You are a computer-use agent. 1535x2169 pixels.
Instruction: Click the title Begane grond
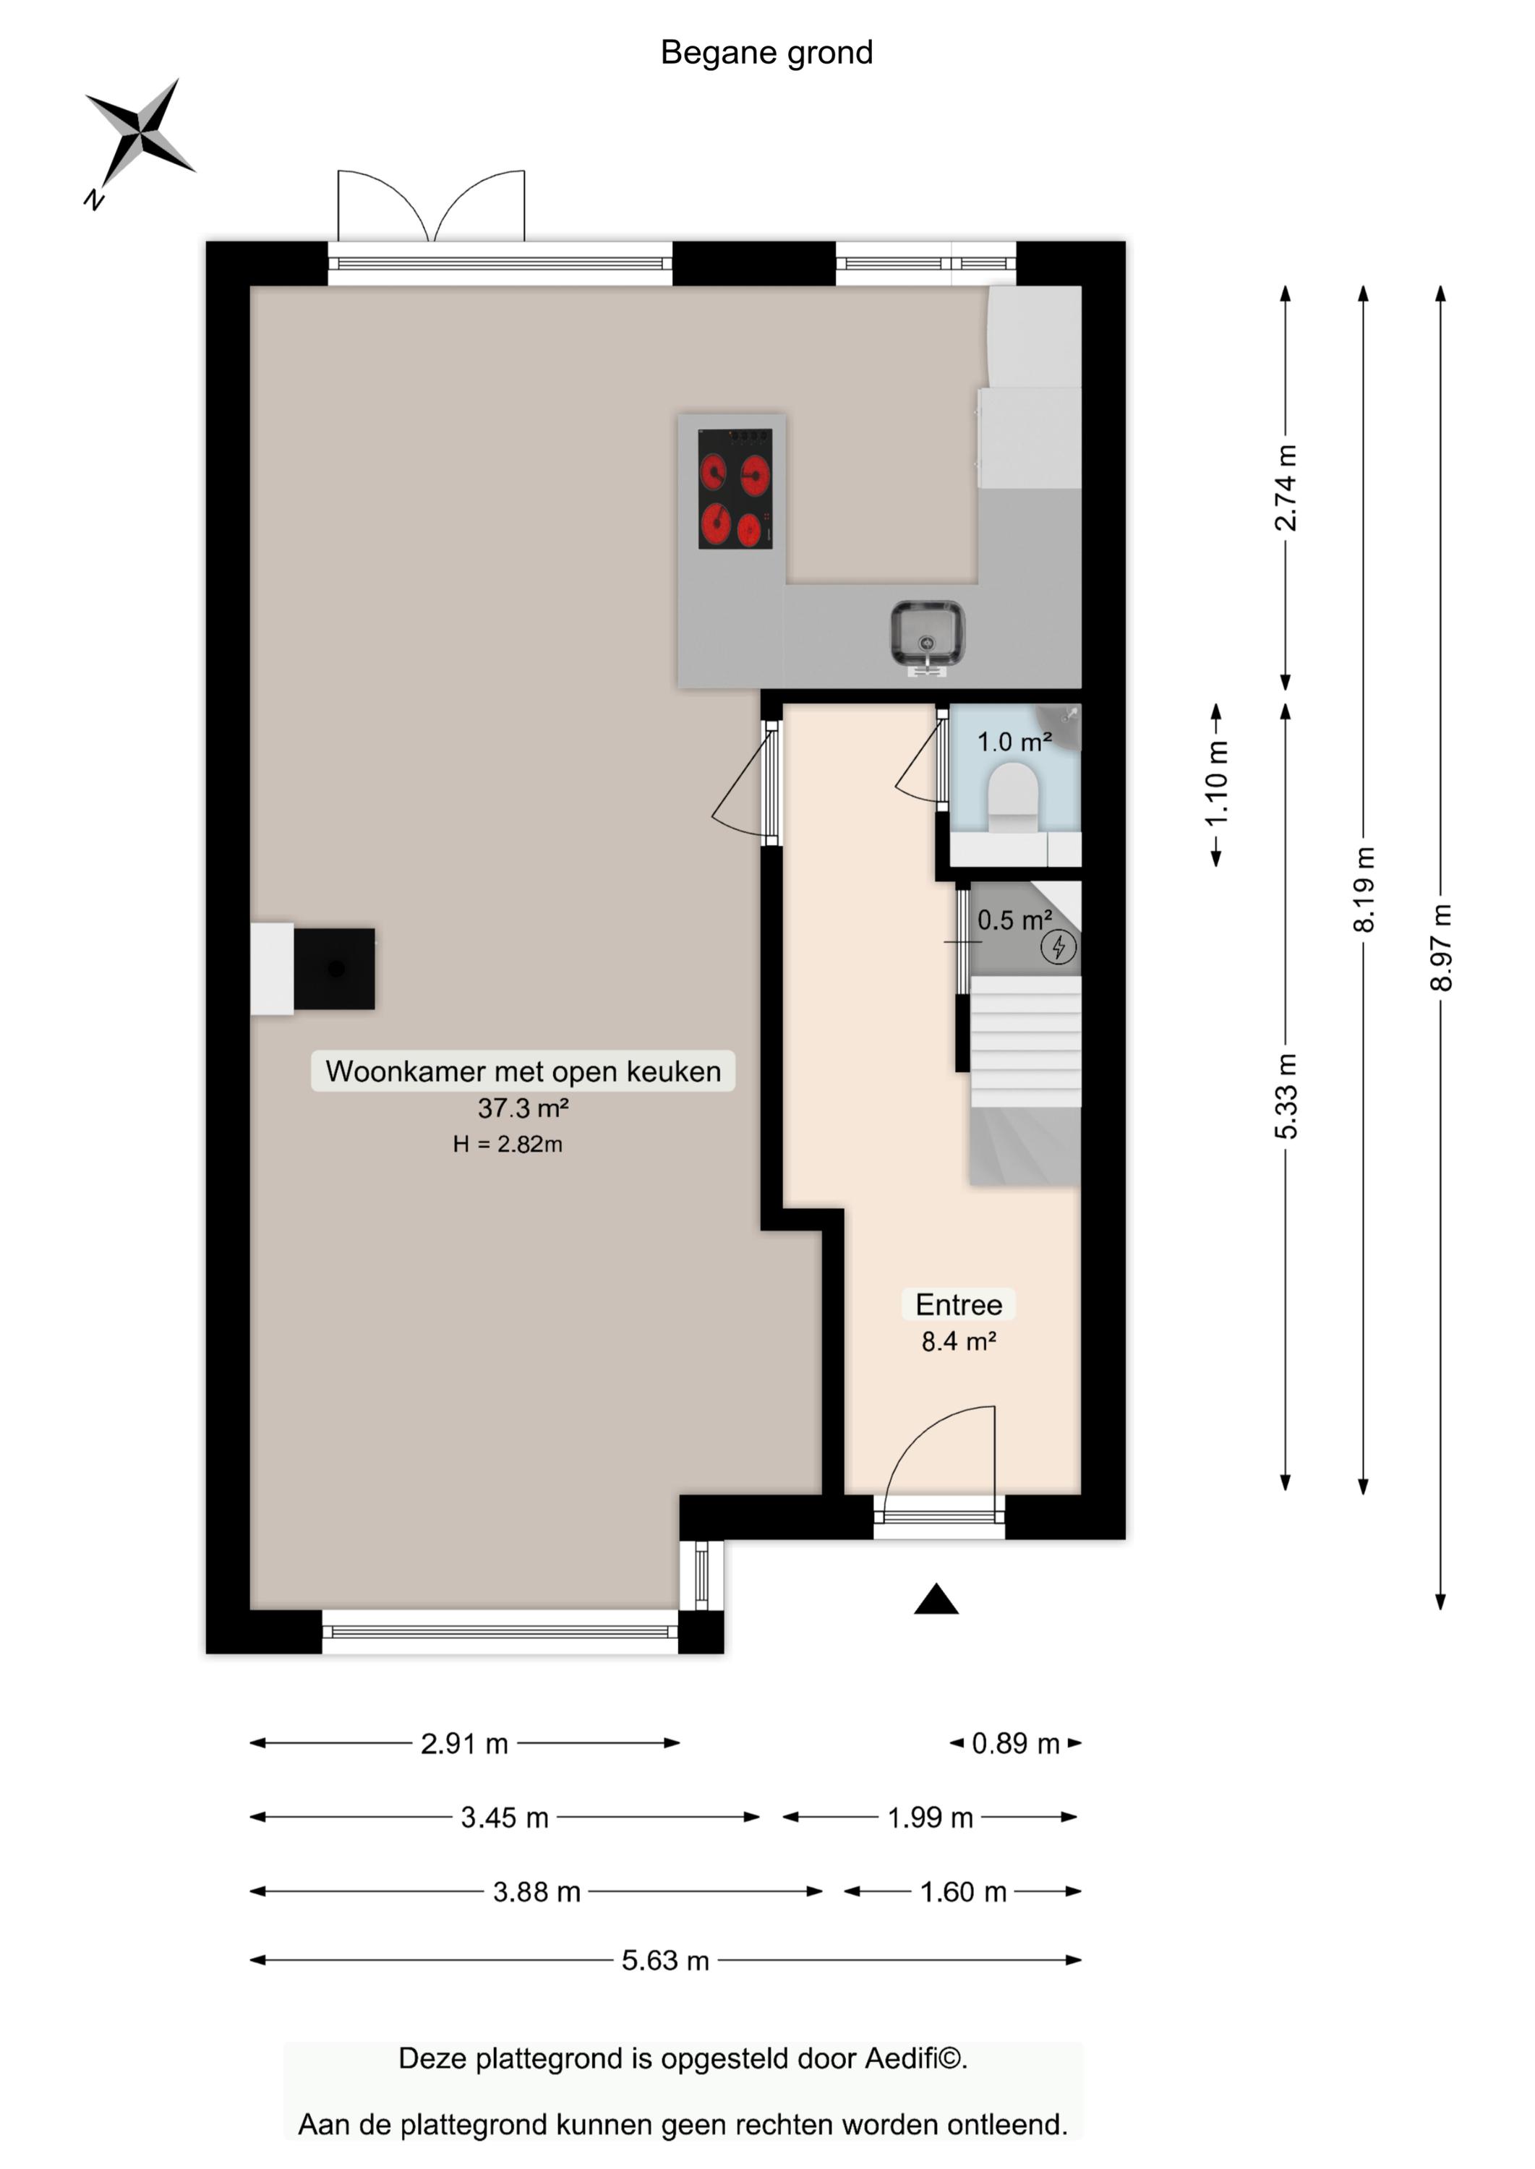coord(766,53)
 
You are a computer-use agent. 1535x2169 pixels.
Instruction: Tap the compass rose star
coord(141,132)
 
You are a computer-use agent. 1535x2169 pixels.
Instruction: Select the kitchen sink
coord(927,634)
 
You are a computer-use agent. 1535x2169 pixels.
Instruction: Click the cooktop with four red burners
coord(735,489)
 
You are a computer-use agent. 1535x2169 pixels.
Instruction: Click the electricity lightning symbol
coord(1059,946)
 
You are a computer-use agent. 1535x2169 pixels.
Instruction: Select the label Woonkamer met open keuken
coord(523,1071)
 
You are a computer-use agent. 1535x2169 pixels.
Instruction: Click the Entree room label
coord(959,1304)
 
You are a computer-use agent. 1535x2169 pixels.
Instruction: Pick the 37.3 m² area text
coord(523,1108)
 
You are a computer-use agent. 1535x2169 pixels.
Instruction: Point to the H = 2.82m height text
coord(508,1144)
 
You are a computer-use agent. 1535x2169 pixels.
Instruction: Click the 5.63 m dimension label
coord(664,1959)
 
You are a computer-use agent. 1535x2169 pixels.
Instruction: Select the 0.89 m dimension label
coord(1015,1742)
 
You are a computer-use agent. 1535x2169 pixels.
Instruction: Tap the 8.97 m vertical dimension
coord(1440,947)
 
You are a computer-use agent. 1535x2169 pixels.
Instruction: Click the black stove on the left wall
coord(333,969)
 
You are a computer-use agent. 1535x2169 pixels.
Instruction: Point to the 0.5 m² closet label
coord(1014,920)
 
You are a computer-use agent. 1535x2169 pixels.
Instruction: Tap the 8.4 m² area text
coord(959,1341)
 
